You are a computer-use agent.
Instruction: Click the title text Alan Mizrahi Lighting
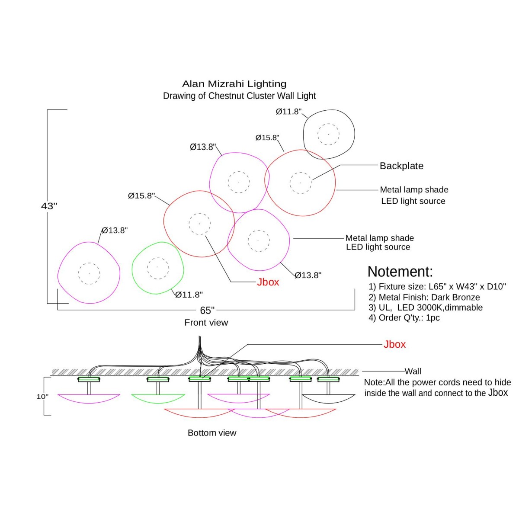(234, 84)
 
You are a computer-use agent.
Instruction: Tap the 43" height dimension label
(49, 206)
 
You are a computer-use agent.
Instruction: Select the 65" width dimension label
(207, 310)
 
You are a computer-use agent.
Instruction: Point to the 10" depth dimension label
(42, 396)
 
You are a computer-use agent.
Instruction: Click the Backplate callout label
(401, 166)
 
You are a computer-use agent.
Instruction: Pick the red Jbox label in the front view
(268, 282)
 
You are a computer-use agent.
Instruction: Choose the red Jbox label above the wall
(394, 344)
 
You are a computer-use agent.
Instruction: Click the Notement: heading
(400, 272)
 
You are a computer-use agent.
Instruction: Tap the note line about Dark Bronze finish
(424, 297)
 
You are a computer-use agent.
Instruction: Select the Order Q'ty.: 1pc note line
(404, 317)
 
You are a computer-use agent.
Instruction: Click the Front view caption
(206, 322)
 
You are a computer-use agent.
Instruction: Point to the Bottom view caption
(212, 432)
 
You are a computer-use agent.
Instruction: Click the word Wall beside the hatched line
(413, 371)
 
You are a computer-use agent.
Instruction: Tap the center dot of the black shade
(328, 134)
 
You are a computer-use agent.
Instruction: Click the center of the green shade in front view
(157, 267)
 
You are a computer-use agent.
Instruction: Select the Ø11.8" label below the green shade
(189, 295)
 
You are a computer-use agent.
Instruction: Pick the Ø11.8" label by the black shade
(288, 112)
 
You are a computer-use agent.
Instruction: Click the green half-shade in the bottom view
(158, 399)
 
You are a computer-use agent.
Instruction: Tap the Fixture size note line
(437, 286)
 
